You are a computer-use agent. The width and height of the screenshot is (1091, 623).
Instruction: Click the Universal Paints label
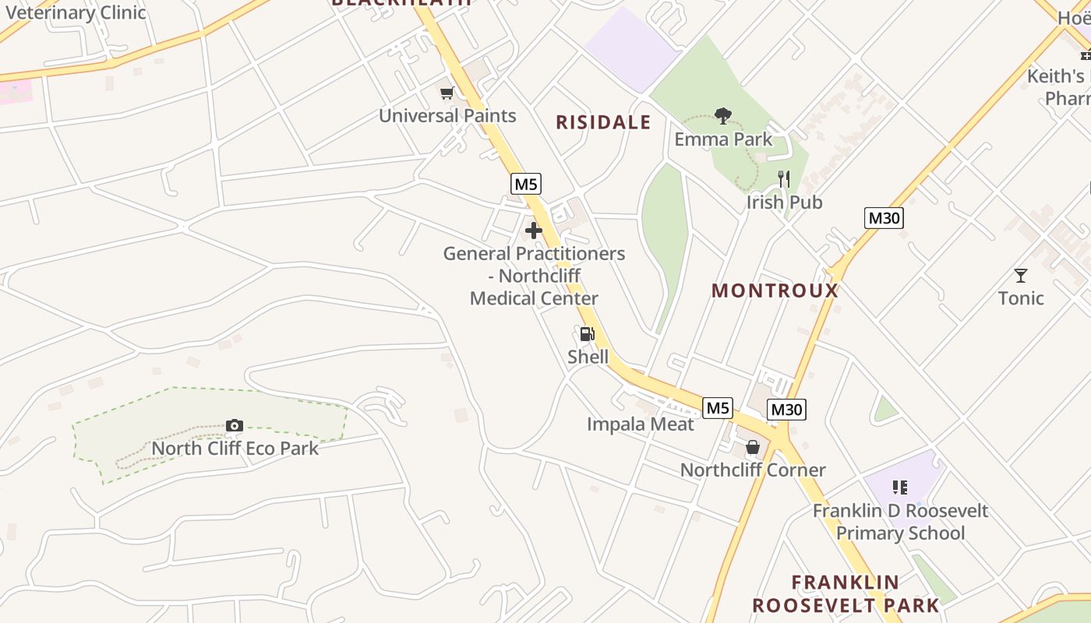pos(447,116)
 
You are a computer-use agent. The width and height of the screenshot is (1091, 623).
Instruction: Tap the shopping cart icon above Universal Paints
pos(447,93)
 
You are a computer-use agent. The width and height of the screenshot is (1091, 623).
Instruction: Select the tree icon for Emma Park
pos(723,116)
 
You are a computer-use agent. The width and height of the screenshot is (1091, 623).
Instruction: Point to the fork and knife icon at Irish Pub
pos(784,179)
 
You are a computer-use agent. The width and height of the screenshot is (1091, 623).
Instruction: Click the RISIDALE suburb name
pos(603,122)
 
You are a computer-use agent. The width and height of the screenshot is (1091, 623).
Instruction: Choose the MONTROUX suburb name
pos(775,290)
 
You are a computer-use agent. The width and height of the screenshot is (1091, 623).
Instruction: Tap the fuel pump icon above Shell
pos(587,334)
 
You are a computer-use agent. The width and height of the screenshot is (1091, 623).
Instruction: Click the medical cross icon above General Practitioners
pos(534,231)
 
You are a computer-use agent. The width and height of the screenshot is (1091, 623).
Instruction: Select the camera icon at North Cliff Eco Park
pos(235,425)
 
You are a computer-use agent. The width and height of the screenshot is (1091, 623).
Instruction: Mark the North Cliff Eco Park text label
pos(235,449)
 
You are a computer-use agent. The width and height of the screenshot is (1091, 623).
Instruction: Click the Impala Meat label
pos(640,424)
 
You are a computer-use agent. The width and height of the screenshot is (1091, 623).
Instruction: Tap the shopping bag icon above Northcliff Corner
pos(753,447)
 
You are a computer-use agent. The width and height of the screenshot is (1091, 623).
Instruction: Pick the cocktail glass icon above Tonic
pos(1021,275)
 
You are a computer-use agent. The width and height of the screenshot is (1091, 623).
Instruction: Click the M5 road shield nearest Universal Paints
pos(526,185)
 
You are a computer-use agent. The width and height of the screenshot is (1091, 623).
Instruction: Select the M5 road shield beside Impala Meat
pos(717,407)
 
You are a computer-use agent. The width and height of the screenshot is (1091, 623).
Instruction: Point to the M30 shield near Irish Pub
pos(884,218)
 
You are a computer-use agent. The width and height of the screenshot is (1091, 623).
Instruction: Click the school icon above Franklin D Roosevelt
pos(900,487)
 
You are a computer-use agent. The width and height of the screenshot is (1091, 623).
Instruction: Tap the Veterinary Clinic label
pos(76,12)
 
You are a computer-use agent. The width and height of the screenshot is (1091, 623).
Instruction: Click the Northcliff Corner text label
pos(753,470)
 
